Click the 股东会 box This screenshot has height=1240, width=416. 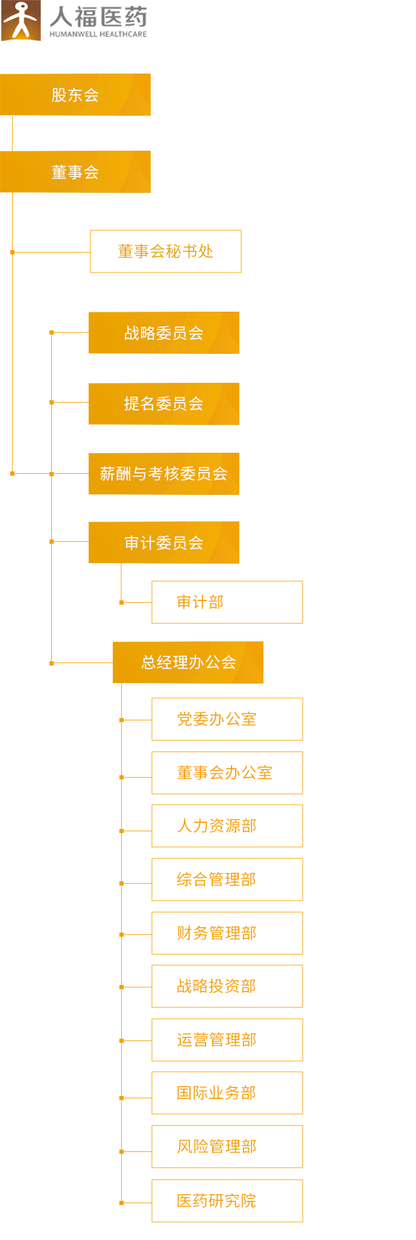[x=75, y=95]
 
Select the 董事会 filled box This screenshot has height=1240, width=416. [x=75, y=172]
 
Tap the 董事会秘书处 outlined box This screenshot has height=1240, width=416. [x=165, y=251]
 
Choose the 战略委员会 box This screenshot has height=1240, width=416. [x=163, y=333]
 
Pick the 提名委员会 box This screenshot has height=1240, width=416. [x=163, y=403]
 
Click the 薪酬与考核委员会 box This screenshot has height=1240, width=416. [x=163, y=474]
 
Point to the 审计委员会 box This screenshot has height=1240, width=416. [x=163, y=543]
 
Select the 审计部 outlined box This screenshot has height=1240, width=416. [x=227, y=602]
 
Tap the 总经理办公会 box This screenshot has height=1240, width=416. [x=188, y=662]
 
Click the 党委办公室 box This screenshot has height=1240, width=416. [x=227, y=719]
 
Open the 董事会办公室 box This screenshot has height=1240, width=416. [x=227, y=773]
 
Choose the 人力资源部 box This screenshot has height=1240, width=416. [x=227, y=826]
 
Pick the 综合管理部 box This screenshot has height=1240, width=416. [x=227, y=880]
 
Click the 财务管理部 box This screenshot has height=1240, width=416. [x=227, y=933]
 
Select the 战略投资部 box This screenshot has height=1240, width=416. [x=227, y=986]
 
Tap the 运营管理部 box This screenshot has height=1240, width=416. [x=227, y=1040]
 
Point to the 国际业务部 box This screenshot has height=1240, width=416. [x=227, y=1093]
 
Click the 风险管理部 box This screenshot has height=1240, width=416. [x=227, y=1147]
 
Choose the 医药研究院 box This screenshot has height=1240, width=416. [x=227, y=1201]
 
